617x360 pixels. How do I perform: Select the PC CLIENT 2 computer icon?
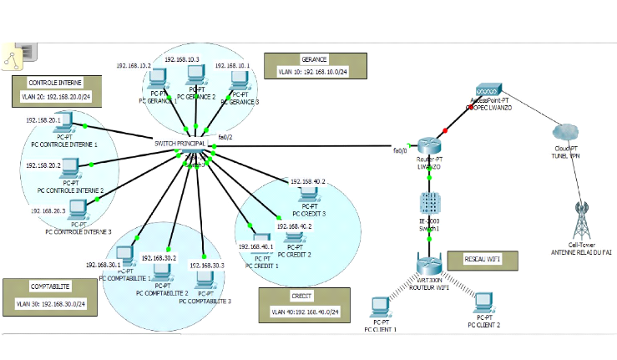pos(483,302)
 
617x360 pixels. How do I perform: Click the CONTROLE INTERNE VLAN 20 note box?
pos(56,89)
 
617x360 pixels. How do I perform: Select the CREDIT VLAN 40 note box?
pos(305,304)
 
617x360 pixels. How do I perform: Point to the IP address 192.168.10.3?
pos(182,59)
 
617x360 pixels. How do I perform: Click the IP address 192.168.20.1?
pos(44,120)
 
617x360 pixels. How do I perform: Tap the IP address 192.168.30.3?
pos(207,265)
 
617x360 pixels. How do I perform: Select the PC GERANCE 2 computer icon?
pos(196,77)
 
